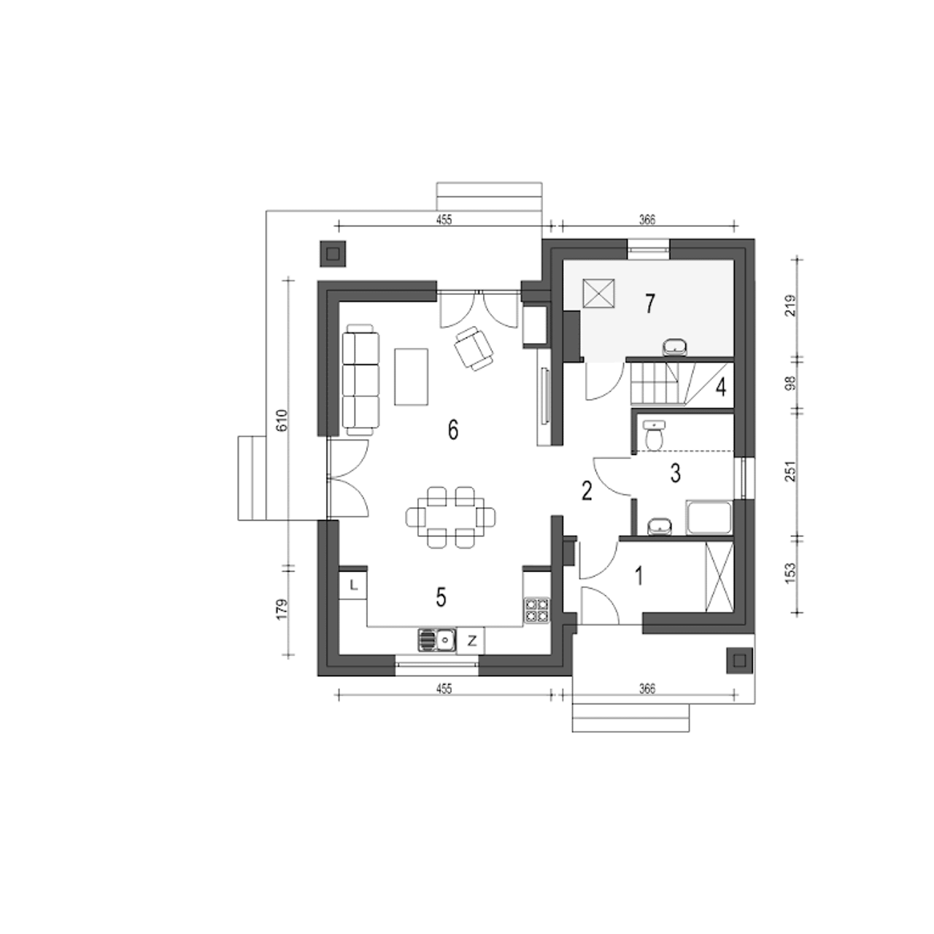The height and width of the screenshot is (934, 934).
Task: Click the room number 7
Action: [650, 304]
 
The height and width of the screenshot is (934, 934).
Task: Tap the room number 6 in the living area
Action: [453, 430]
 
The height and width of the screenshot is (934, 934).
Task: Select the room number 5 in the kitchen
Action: [441, 598]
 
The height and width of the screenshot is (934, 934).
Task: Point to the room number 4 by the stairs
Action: [721, 387]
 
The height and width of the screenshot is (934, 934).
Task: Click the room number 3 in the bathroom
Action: [676, 474]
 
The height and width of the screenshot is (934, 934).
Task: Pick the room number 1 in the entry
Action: [639, 576]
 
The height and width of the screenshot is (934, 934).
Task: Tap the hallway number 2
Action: [587, 492]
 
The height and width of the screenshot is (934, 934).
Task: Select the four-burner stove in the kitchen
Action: [536, 610]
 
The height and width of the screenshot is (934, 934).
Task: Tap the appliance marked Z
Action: [471, 641]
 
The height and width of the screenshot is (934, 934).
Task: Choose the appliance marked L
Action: [353, 585]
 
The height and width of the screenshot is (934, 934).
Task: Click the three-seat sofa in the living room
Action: [361, 380]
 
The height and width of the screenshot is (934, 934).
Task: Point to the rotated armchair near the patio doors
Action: [474, 349]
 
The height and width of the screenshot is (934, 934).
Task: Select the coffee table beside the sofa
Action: [412, 377]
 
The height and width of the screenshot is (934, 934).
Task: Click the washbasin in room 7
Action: [674, 347]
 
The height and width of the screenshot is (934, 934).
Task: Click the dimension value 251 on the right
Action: [790, 471]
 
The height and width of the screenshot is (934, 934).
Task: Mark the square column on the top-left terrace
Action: [333, 254]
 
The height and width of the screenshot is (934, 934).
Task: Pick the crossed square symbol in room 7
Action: [599, 293]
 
